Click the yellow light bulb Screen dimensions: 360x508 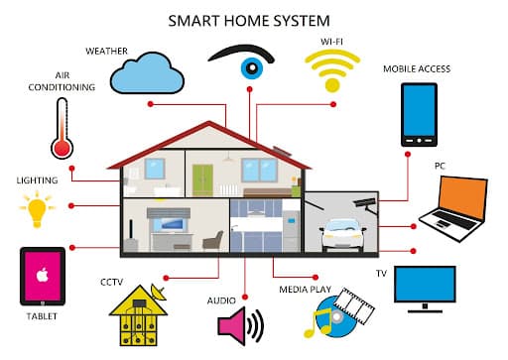pos(38,209)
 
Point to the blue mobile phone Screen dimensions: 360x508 pos(419,111)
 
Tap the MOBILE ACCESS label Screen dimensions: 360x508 pos(417,69)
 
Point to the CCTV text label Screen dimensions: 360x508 pos(113,282)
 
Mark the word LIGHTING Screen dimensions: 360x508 pos(38,181)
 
